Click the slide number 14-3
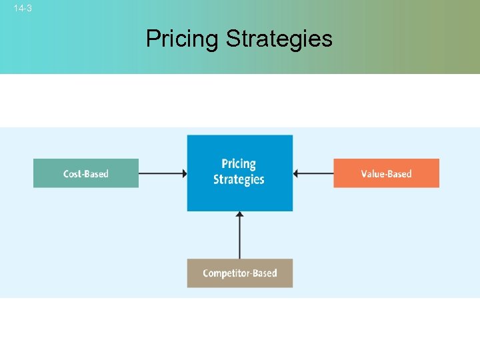[x=22, y=9]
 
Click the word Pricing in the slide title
[x=182, y=39]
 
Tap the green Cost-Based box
[x=86, y=173]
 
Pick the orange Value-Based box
[x=387, y=173]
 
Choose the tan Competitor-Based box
[x=240, y=273]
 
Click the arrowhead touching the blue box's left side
[x=183, y=173]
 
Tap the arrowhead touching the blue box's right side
[x=297, y=173]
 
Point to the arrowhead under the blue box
[x=240, y=215]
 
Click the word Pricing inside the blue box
[x=239, y=163]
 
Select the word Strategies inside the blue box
[x=239, y=179]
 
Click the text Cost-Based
[x=86, y=174]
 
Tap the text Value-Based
[x=387, y=174]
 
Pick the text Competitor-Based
[x=240, y=273]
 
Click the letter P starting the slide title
[x=151, y=39]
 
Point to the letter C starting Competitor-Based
[x=206, y=273]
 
